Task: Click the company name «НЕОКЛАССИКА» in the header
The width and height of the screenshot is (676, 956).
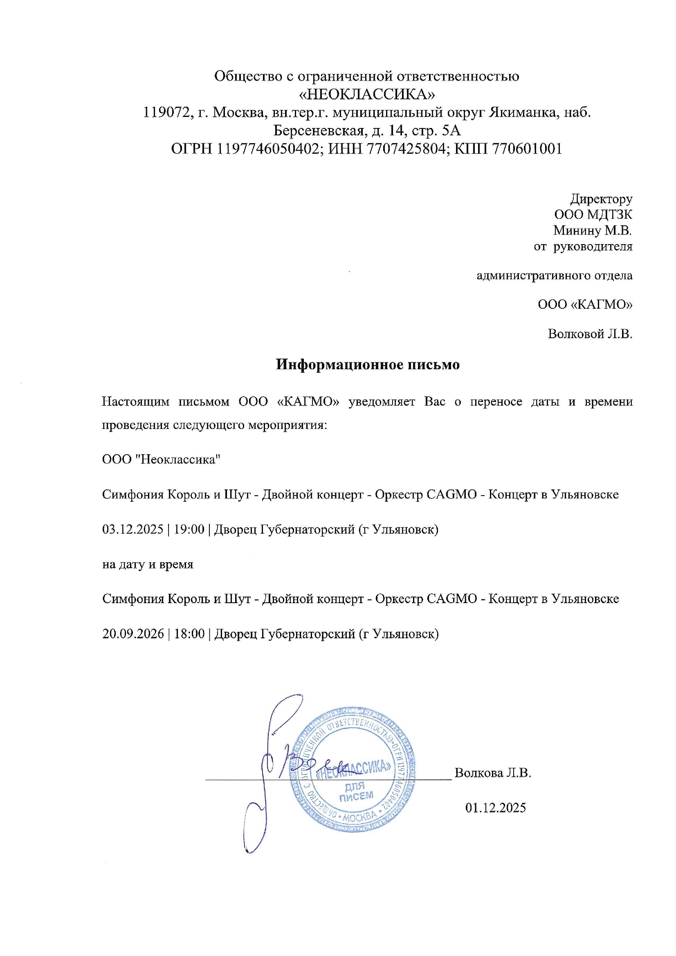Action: (367, 94)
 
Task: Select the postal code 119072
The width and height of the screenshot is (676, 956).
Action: (165, 112)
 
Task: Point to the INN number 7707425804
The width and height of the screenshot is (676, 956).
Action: (406, 149)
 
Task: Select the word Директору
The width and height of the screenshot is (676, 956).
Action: (601, 199)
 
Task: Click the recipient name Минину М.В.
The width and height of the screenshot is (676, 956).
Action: (592, 230)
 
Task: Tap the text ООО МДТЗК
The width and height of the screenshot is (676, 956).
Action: (593, 214)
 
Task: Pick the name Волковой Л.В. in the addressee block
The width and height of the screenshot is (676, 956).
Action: (590, 334)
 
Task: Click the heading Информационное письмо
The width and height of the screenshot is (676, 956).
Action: (367, 365)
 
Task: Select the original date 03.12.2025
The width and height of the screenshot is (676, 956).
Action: (133, 529)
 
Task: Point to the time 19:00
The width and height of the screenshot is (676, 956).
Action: (189, 529)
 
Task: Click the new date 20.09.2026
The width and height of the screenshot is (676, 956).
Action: (133, 634)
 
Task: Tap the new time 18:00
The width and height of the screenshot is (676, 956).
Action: (189, 634)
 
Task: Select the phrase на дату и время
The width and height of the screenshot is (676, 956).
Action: (148, 564)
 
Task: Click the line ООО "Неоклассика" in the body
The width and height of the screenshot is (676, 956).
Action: (161, 459)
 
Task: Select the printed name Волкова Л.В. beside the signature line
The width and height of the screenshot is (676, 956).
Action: (493, 773)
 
